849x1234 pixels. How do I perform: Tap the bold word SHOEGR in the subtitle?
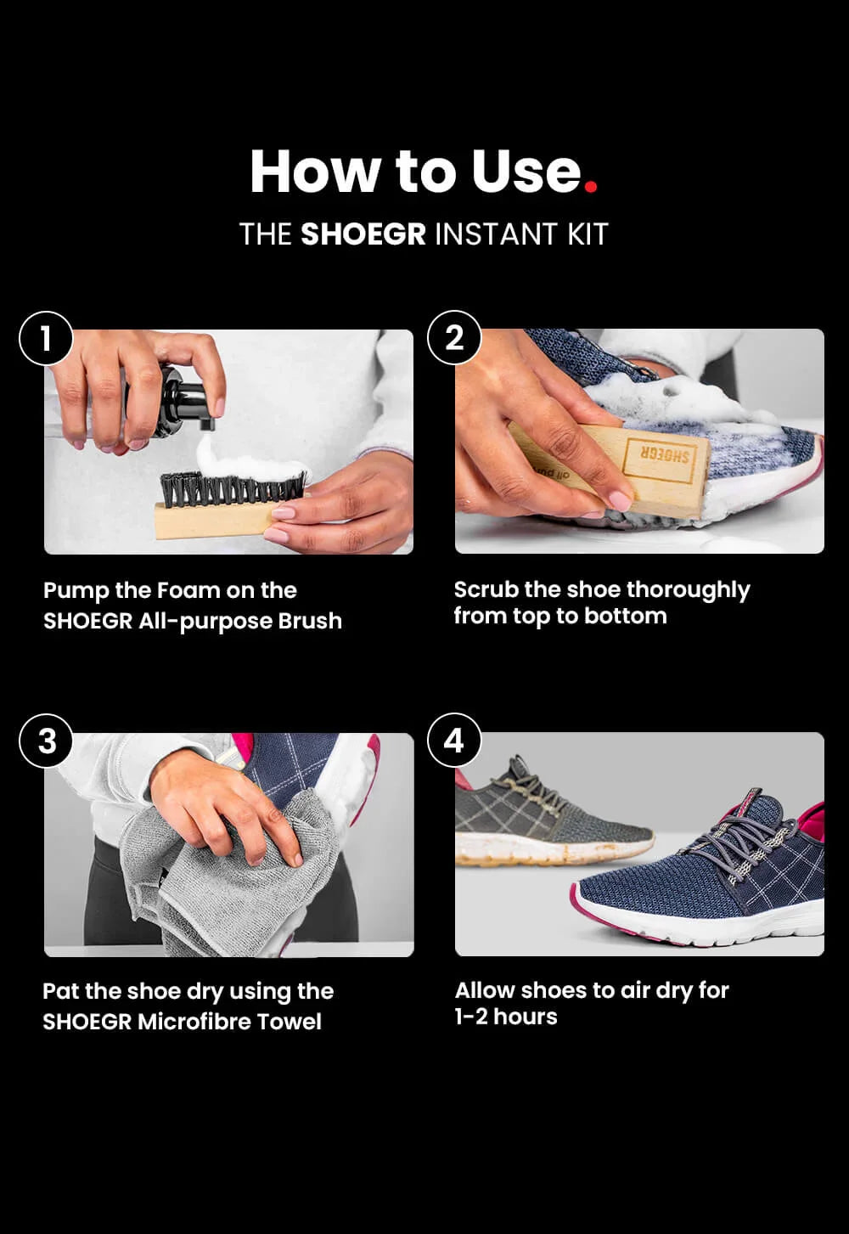(x=363, y=234)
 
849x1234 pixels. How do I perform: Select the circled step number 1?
(x=46, y=338)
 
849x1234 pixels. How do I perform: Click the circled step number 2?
(x=454, y=337)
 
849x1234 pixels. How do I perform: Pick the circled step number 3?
(x=47, y=741)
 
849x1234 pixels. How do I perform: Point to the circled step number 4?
(x=454, y=741)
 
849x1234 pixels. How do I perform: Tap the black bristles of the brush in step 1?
(x=233, y=487)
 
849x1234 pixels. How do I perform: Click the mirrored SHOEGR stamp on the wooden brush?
(x=658, y=455)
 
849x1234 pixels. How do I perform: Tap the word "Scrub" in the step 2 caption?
(x=486, y=589)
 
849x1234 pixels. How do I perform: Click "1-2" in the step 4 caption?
(x=471, y=1017)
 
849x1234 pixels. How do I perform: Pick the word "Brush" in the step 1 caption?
(x=309, y=622)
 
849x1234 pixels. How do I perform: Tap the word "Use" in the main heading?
(x=526, y=171)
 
